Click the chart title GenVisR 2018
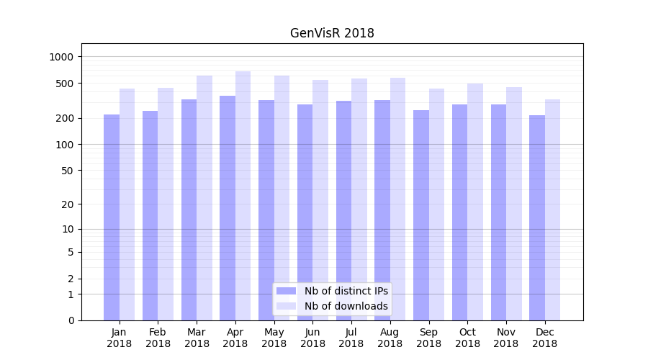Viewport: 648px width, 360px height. [332, 33]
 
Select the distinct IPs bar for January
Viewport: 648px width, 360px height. [112, 216]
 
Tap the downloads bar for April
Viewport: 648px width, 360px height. [243, 194]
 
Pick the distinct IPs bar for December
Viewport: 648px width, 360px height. [537, 216]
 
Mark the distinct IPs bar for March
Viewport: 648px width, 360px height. [189, 209]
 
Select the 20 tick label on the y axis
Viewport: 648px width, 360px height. [69, 204]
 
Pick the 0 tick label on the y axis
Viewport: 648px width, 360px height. [71, 320]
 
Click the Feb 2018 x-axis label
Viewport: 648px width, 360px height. [158, 338]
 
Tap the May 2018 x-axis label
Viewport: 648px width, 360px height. [274, 338]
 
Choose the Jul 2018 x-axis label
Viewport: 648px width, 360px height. [351, 338]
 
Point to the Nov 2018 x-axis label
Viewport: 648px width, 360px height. [506, 338]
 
